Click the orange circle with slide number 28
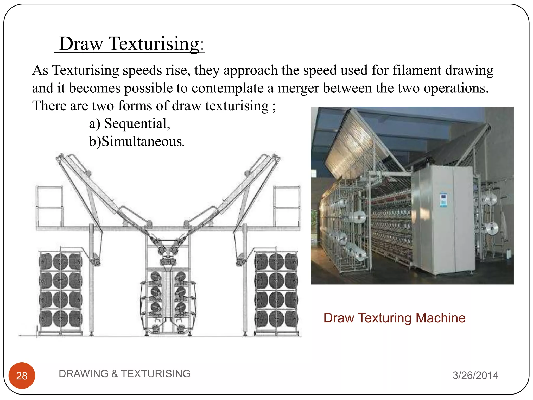point(22,376)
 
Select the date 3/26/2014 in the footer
point(475,375)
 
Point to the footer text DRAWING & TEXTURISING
point(124,374)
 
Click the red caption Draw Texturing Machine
point(394,318)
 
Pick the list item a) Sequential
point(129,123)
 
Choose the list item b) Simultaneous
point(137,141)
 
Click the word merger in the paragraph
point(298,88)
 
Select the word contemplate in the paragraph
point(227,88)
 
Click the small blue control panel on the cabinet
point(443,200)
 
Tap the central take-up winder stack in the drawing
point(168,299)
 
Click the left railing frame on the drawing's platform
point(49,206)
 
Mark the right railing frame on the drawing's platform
point(287,206)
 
